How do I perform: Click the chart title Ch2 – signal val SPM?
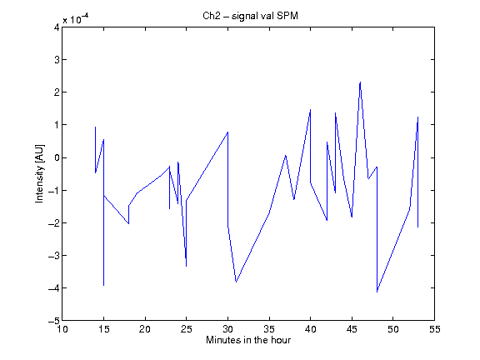pos(250,16)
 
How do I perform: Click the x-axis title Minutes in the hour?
pos(248,340)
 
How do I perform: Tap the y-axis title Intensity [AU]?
pos(39,173)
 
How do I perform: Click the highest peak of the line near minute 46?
pos(360,82)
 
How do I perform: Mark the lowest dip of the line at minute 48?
pos(377,292)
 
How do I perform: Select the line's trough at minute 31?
pos(236,282)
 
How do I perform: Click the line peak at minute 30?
pos(227,132)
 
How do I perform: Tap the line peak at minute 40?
pos(310,109)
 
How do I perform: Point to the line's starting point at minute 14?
pos(96,127)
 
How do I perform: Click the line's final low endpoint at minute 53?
pos(417,227)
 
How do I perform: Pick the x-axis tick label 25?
pos(186,329)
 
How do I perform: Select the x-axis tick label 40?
pos(310,329)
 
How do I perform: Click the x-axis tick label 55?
pos(434,329)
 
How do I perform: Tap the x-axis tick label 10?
pos(62,329)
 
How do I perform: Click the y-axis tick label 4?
pos(57,27)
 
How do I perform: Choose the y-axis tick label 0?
pos(57,157)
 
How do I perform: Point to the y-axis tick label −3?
pos(54,255)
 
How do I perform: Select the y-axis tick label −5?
pos(54,321)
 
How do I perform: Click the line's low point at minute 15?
pos(104,286)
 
